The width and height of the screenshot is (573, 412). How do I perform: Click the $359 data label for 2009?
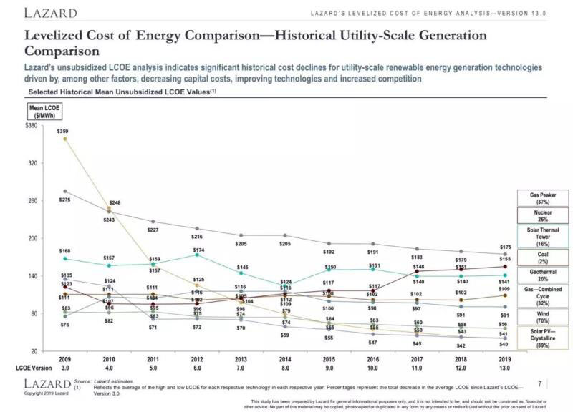[x=63, y=132]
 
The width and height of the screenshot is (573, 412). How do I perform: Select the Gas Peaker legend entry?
[x=544, y=198]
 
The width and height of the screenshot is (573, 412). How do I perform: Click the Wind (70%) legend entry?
[x=544, y=316]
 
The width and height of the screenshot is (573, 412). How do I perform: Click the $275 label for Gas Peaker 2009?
[x=64, y=200]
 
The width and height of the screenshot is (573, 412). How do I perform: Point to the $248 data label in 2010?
[x=115, y=203]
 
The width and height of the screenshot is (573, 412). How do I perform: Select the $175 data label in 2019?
[x=506, y=246]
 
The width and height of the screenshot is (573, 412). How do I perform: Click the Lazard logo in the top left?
[x=49, y=14]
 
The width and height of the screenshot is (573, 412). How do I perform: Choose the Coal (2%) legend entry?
[x=544, y=256]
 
